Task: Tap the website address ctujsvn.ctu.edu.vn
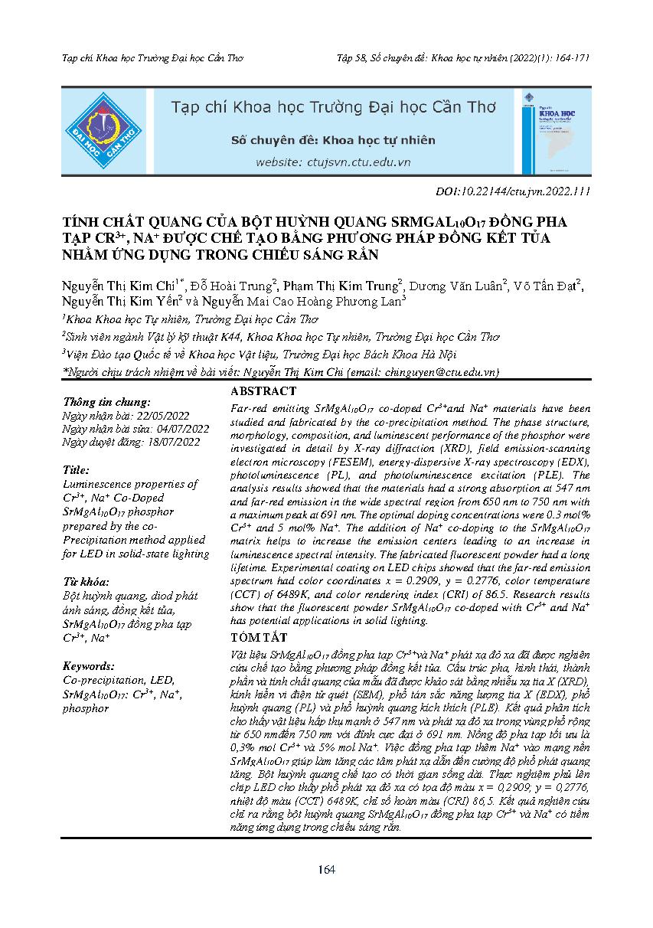click(333, 162)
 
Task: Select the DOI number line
click(511, 191)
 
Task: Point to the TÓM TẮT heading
click(259, 637)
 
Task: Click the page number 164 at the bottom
click(326, 869)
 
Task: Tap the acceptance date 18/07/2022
click(175, 442)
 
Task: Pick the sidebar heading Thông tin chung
click(106, 401)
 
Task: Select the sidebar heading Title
click(76, 469)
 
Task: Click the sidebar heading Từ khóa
click(86, 581)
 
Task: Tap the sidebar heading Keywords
click(89, 665)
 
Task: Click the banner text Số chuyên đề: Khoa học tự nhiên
click(333, 140)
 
